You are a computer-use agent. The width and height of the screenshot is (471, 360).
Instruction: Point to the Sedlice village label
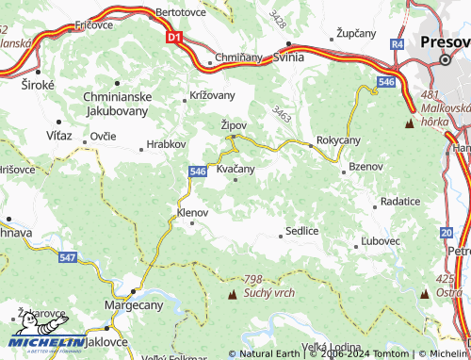pyautogui.click(x=302, y=231)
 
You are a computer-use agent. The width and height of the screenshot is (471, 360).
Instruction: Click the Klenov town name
pyautogui.click(x=192, y=213)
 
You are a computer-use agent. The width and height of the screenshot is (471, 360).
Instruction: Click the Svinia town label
pyautogui.click(x=288, y=57)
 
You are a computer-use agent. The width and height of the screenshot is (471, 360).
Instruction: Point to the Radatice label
pyautogui.click(x=401, y=202)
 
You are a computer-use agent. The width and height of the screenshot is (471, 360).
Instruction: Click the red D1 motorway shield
pyautogui.click(x=172, y=38)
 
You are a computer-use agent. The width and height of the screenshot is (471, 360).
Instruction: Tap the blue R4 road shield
pyautogui.click(x=398, y=44)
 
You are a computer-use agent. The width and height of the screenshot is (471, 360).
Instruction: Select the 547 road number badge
pyautogui.click(x=67, y=256)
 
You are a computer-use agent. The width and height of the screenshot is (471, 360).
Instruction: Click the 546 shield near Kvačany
pyautogui.click(x=197, y=171)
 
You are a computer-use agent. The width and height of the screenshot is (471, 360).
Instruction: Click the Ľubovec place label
pyautogui.click(x=381, y=241)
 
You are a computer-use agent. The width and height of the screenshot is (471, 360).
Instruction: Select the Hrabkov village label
pyautogui.click(x=159, y=146)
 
